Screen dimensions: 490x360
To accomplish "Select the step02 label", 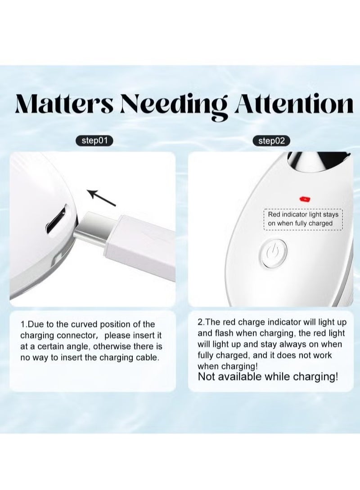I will tap(271, 141).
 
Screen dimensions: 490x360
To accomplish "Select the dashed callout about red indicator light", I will tap(303, 219).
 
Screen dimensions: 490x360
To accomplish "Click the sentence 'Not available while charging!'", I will tap(268, 377).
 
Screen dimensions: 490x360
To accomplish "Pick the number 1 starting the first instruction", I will tap(23, 324).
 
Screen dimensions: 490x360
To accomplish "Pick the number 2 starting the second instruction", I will tap(200, 322).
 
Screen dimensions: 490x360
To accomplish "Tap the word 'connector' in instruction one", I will tap(77, 336).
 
